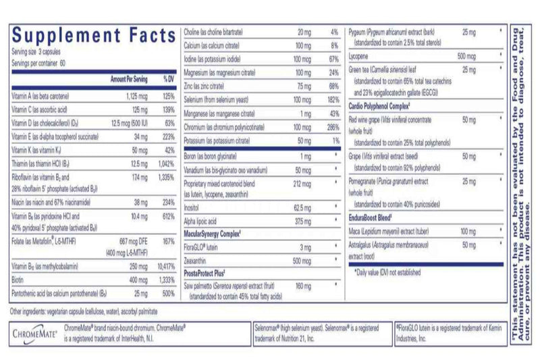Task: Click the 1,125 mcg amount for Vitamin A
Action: [x=136, y=97]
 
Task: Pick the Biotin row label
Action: [x=19, y=281]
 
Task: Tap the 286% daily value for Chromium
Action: [x=330, y=127]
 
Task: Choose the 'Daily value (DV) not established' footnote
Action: [x=387, y=273]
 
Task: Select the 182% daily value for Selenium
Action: [x=330, y=100]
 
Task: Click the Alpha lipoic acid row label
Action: [x=202, y=221]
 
